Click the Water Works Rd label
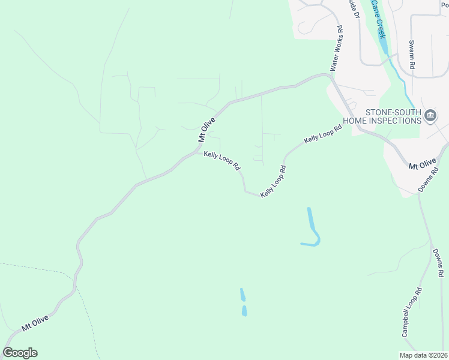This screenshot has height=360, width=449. tap(336, 49)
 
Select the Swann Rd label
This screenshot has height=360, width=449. tap(412, 55)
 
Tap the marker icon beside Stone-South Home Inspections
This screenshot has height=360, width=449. tap(430, 116)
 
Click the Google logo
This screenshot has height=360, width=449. tap(20, 353)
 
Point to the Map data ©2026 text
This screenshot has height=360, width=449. tap(423, 355)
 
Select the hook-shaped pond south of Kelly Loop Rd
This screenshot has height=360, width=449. tap(312, 231)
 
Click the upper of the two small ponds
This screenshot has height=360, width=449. tap(243, 295)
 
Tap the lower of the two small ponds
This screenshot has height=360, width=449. tap(244, 311)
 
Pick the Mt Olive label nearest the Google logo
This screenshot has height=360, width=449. tap(34, 323)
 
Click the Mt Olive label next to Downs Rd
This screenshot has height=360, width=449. tap(421, 164)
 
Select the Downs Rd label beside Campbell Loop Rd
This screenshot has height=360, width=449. tap(439, 263)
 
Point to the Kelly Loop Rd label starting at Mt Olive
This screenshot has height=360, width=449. tap(221, 160)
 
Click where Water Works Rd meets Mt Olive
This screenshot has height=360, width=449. tap(331, 76)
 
